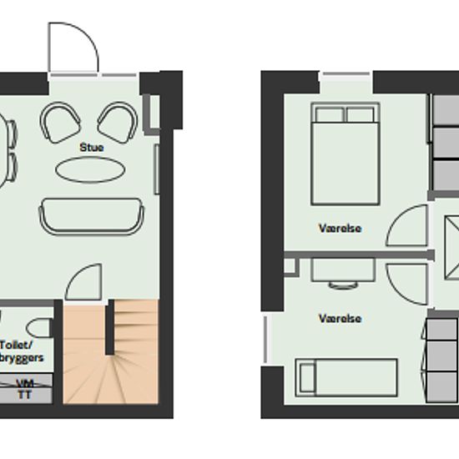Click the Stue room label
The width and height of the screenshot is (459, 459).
[x=92, y=147]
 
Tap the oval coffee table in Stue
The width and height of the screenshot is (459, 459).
[x=90, y=169]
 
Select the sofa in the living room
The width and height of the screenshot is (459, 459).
[x=92, y=217]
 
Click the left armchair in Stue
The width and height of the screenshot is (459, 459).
[x=60, y=123]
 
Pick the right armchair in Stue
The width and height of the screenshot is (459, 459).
[x=118, y=123]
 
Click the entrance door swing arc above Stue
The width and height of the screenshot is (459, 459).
[x=88, y=35]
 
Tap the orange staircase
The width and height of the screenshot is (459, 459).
[x=111, y=351]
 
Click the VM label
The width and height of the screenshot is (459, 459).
[x=25, y=383]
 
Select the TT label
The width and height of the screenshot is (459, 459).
[x=24, y=396]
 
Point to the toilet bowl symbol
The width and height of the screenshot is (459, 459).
[x=38, y=328]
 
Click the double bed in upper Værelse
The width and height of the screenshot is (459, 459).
[x=346, y=154]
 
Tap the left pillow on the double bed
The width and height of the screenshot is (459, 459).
[x=330, y=115]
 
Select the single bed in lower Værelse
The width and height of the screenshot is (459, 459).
[x=346, y=377]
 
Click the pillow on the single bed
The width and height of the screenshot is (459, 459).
[x=307, y=377]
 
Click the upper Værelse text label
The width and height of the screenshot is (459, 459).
[x=340, y=229]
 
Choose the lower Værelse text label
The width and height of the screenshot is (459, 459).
[x=340, y=319]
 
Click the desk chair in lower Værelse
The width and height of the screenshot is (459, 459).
[x=343, y=285]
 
